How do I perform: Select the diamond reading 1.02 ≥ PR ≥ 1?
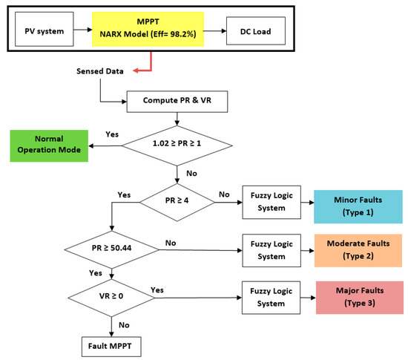point(177,146)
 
